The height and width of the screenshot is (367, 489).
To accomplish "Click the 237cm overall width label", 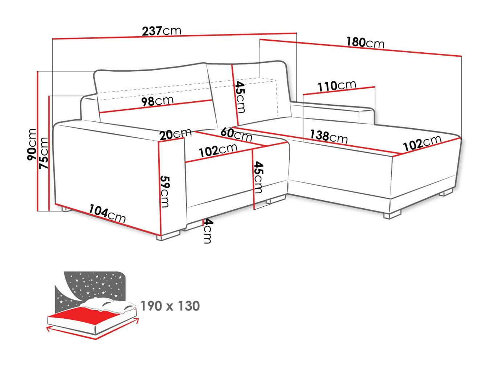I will point(161,31).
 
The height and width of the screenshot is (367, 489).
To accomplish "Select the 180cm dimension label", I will point(365,43).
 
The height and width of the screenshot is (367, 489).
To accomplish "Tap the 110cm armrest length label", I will point(337,86).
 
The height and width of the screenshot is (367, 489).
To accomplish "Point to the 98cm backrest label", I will point(157,101).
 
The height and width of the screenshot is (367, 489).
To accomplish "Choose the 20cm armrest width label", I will point(175,134).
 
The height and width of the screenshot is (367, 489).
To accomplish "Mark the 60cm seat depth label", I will point(236,134).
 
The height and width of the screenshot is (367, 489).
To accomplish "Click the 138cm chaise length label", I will point(328,136).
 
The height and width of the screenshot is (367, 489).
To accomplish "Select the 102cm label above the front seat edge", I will point(218,150).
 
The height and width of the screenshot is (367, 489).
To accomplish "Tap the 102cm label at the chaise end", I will point(422,143).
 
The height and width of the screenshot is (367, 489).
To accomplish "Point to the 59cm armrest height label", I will point(165,191).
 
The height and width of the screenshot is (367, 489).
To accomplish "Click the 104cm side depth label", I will point(107,213).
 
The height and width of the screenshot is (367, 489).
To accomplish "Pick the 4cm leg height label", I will point(208,231).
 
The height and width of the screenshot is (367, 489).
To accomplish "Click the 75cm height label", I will point(44,153).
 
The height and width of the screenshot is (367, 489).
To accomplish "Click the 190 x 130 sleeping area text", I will point(170,306).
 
